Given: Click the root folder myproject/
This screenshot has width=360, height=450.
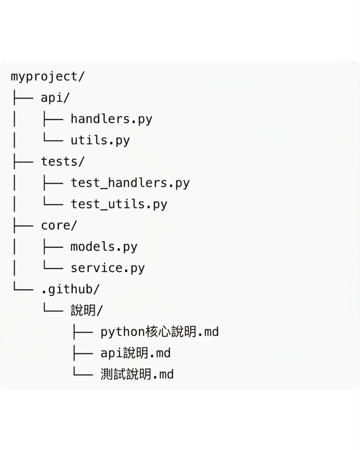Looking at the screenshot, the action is point(48,77).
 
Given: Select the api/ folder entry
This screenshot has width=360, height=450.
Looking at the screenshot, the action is point(55,98).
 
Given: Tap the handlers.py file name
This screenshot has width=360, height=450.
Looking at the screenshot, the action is point(111,119).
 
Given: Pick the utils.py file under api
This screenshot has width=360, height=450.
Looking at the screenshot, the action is point(100,140).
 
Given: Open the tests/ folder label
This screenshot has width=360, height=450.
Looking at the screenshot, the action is point(62,161).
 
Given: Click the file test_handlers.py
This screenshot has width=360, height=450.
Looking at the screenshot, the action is point(130,183).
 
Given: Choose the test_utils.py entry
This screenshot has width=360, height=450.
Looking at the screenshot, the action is point(119,204).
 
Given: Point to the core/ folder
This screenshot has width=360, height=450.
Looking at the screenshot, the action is point(59,225).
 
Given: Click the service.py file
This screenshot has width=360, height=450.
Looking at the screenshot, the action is point(107,268).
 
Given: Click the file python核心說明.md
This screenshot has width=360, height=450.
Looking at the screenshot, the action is point(159,332).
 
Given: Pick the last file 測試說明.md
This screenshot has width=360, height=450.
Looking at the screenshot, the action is point(137,374).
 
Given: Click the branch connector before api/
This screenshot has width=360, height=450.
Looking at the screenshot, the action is point(23,98).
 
